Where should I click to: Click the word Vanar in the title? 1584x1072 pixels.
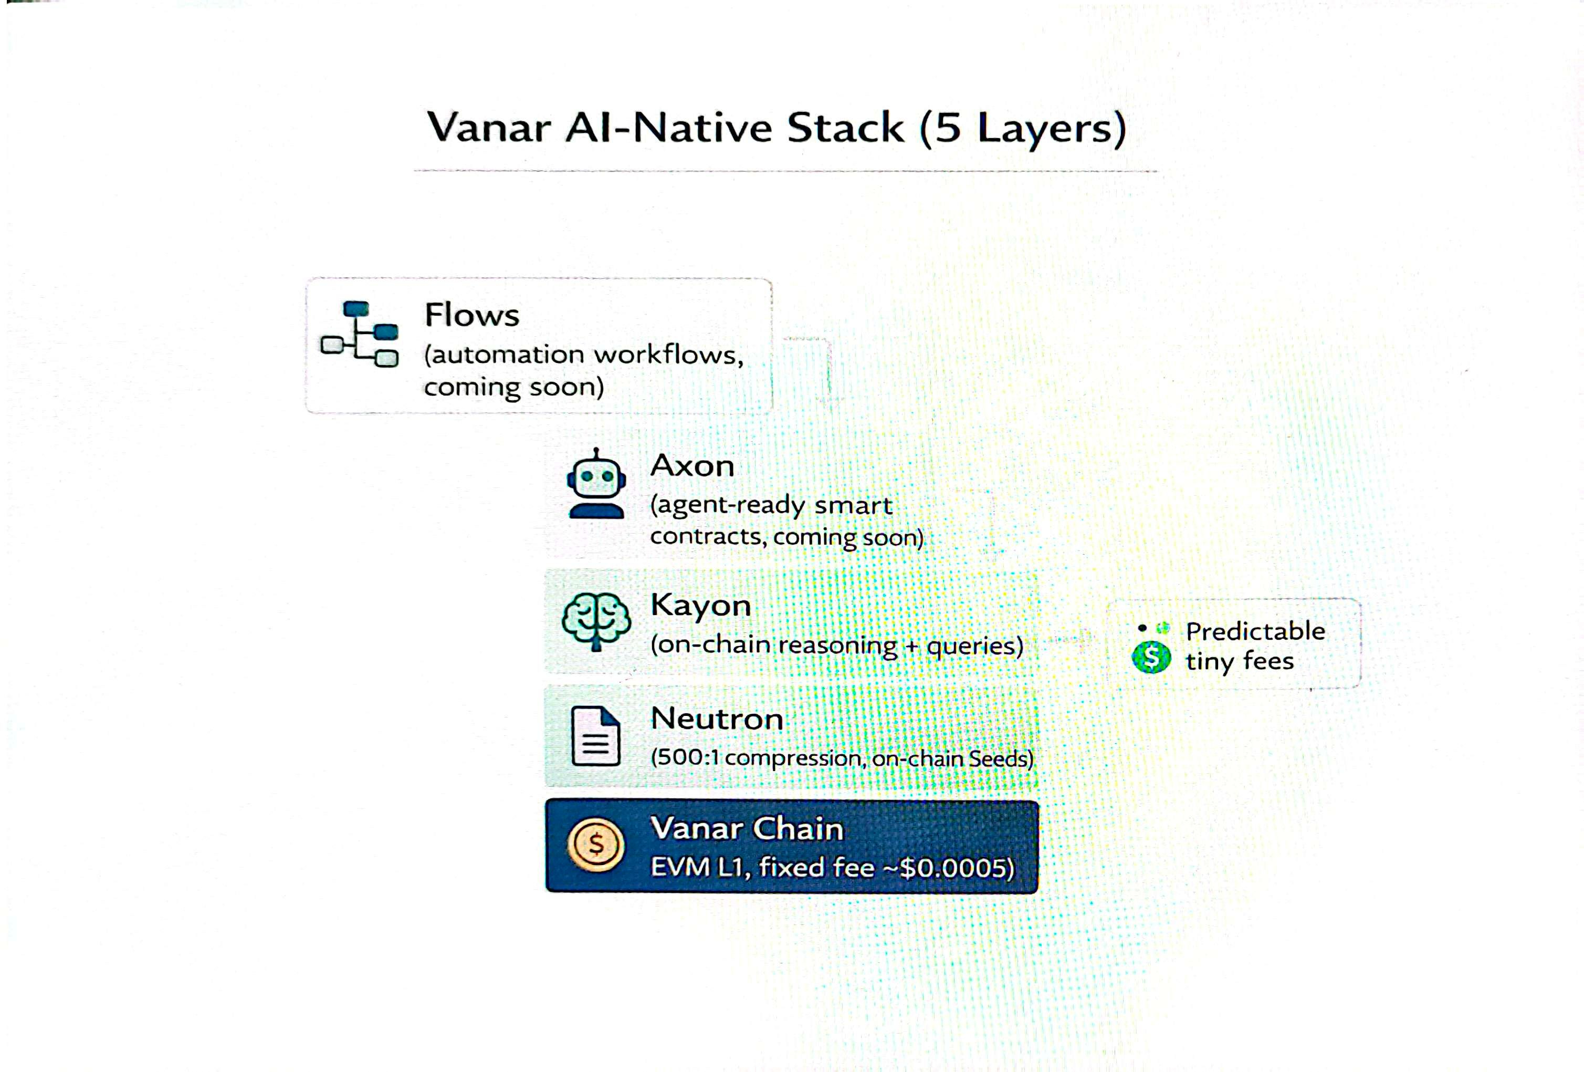click(x=488, y=128)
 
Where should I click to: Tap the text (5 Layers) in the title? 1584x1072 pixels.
click(x=1022, y=128)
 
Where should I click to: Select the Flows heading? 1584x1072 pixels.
click(x=471, y=315)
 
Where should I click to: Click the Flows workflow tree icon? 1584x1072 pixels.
click(x=360, y=334)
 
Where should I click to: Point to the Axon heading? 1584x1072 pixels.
click(x=693, y=466)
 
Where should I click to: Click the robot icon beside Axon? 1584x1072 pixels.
click(x=596, y=484)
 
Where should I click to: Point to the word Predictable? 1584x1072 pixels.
click(x=1255, y=631)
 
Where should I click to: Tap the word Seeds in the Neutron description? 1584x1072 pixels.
click(x=997, y=759)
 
